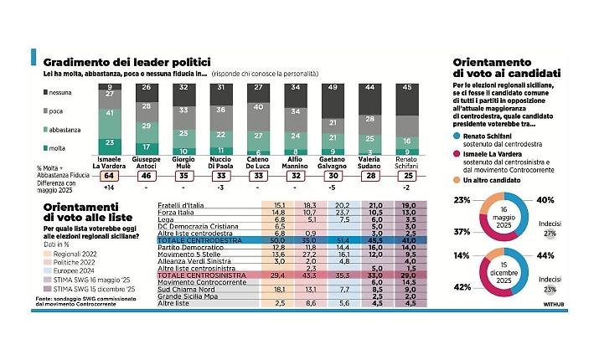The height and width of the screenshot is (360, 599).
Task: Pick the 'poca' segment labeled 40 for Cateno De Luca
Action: (260, 108)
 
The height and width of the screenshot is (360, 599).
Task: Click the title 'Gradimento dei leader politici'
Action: (126, 62)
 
